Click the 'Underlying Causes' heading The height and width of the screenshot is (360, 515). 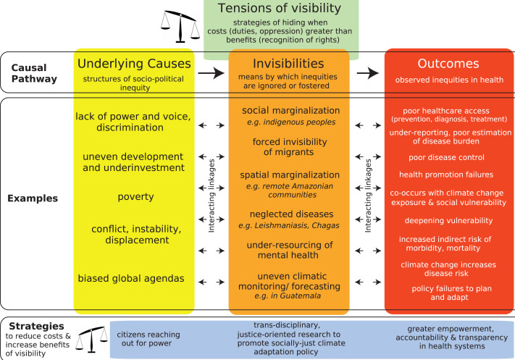(133, 64)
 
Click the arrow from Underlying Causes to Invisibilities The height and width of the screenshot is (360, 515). (211, 72)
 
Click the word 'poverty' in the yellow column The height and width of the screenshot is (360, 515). (133, 197)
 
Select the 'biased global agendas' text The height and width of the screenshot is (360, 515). (133, 277)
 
